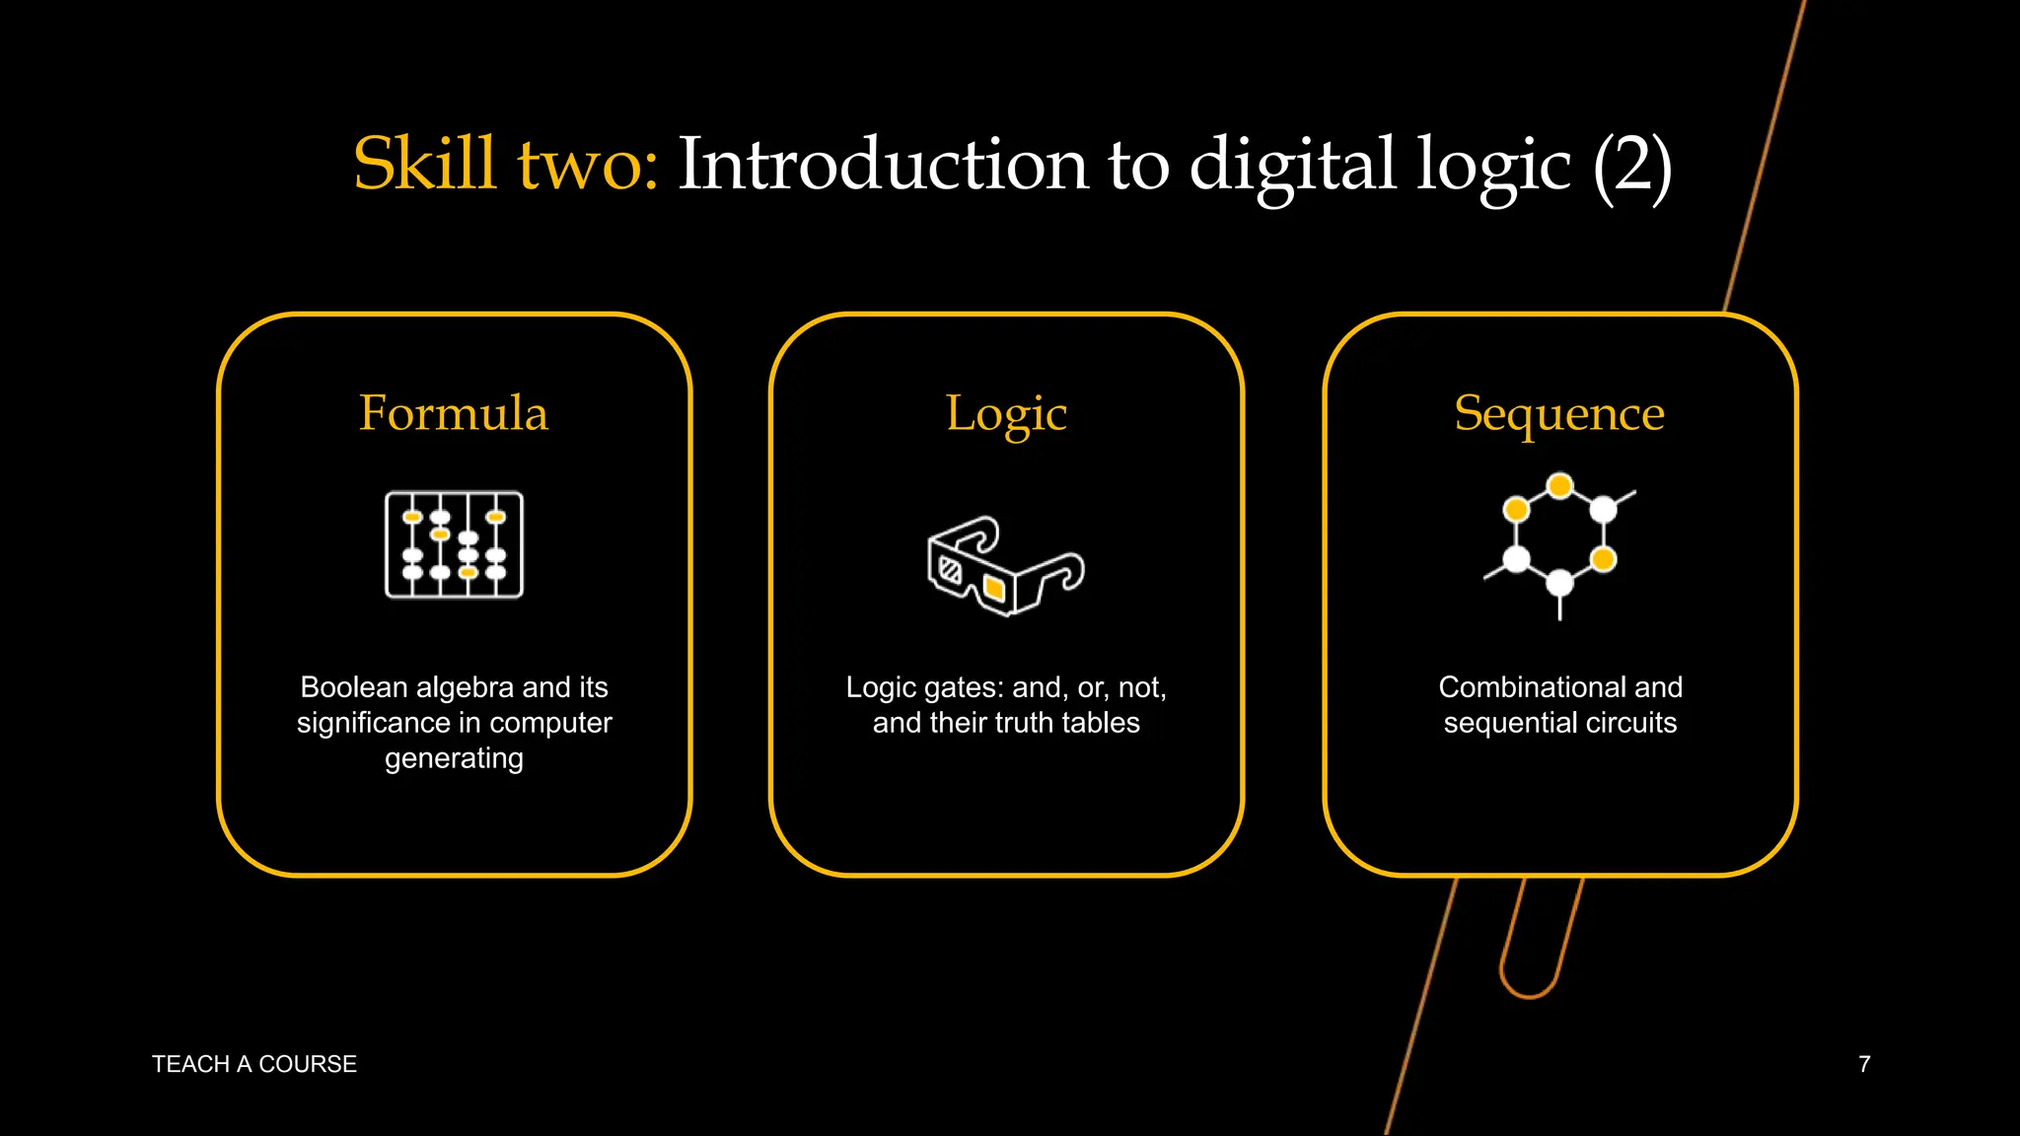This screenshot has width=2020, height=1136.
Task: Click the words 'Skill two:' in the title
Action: [505, 165]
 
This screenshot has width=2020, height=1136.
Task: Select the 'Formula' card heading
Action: [454, 413]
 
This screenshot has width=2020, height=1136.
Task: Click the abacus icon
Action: [454, 544]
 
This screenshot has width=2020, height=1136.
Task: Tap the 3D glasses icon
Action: [1005, 566]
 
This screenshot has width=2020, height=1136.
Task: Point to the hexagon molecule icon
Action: [1559, 542]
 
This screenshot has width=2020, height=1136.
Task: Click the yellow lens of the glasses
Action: [994, 589]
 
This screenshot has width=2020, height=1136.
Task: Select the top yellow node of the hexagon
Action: [1559, 486]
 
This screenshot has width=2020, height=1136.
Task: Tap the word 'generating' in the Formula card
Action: [454, 758]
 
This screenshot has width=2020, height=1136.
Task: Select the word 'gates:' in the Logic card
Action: [962, 687]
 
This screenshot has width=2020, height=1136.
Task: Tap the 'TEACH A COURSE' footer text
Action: [254, 1064]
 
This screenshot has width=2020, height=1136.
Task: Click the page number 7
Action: [1864, 1064]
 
